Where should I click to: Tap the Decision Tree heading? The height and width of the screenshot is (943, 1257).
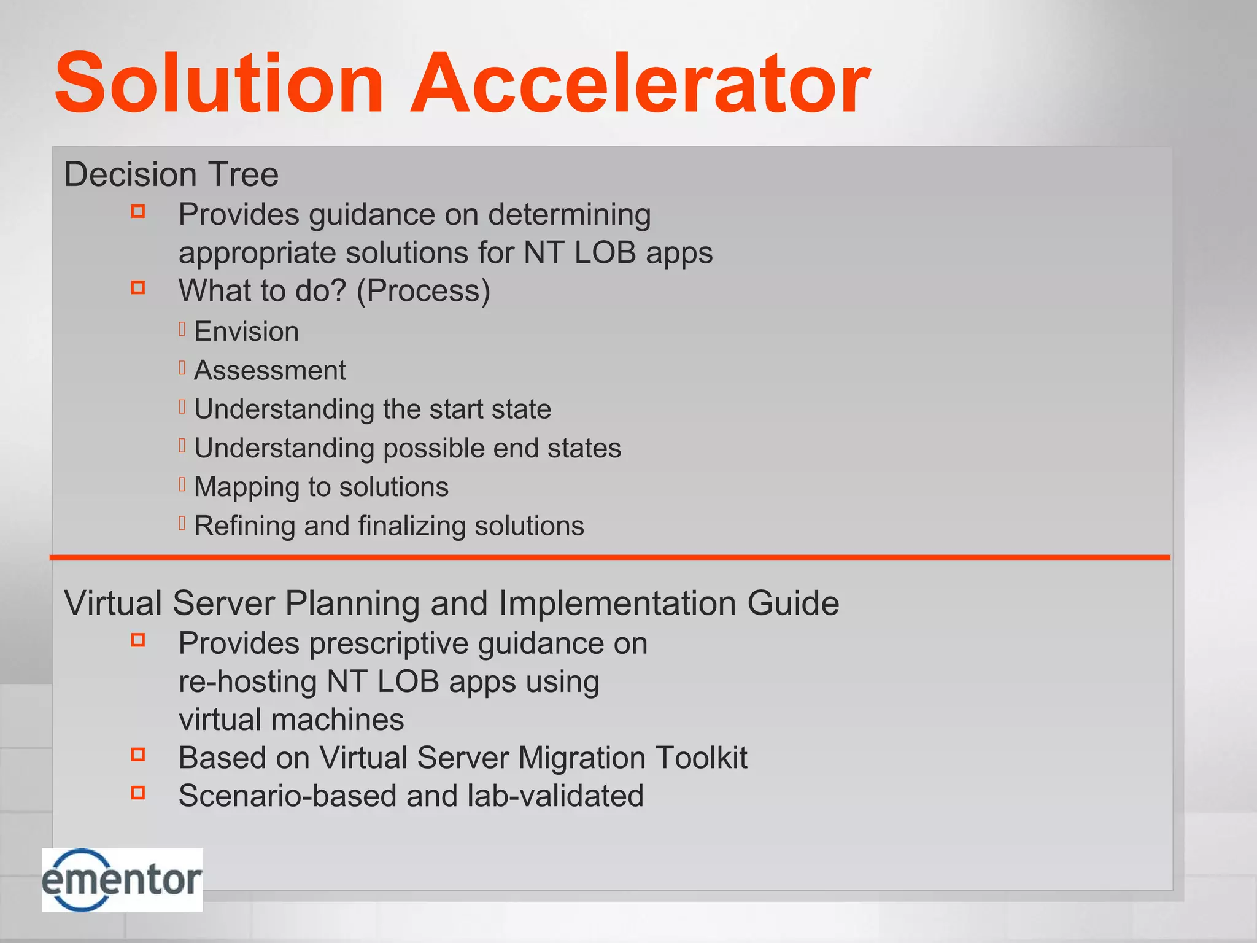point(171,174)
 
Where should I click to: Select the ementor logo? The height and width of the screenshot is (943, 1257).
point(122,880)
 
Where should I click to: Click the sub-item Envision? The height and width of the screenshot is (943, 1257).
point(246,332)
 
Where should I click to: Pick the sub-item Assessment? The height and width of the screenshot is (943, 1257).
point(269,370)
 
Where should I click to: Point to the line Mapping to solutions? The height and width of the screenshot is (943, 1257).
point(321,487)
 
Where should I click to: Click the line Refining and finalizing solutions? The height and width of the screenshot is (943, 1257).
point(389,526)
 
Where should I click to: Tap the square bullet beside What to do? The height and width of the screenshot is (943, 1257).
point(138,287)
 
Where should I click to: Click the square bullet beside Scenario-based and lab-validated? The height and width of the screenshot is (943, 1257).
point(138,793)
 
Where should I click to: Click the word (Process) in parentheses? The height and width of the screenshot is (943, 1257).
point(424,290)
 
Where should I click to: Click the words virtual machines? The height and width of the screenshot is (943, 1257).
point(291,720)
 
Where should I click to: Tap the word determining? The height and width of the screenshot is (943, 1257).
point(569,215)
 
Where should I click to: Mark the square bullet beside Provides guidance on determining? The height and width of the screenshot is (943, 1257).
point(138,212)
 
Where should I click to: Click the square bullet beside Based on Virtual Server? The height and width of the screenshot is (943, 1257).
point(138,755)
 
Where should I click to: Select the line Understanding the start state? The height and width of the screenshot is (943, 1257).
point(373,409)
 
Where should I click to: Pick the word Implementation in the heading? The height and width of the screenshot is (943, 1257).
point(617,603)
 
